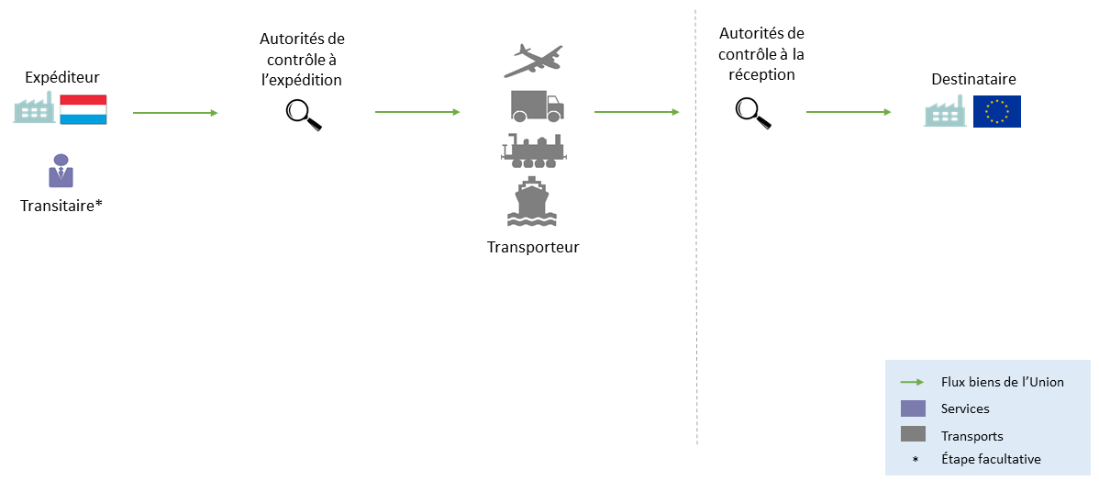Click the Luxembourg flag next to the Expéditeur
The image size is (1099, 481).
[83, 109]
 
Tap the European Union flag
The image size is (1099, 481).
[996, 111]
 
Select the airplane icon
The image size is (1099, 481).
[534, 61]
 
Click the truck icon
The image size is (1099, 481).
[537, 106]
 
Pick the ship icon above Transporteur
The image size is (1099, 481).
[533, 202]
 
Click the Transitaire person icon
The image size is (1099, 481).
[61, 172]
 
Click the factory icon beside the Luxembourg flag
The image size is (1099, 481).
[34, 109]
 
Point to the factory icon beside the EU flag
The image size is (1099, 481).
[946, 111]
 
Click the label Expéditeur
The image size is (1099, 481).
[61, 77]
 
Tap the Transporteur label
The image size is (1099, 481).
[533, 247]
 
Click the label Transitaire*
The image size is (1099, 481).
[61, 206]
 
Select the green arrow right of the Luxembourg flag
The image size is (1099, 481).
[175, 113]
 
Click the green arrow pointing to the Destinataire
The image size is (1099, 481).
[849, 112]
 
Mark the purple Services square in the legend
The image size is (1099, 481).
[913, 408]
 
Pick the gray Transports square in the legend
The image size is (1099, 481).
[913, 435]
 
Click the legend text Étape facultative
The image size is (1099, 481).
[991, 459]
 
